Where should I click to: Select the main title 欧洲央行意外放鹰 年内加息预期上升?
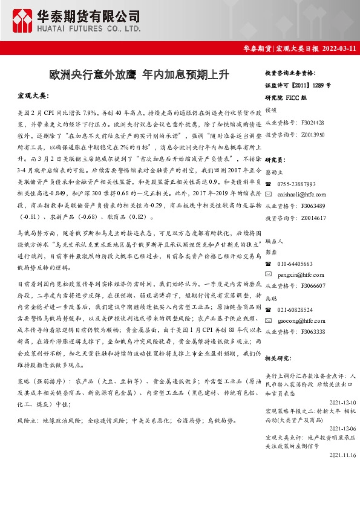click(139, 75)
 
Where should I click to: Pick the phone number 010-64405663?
click(295, 264)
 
